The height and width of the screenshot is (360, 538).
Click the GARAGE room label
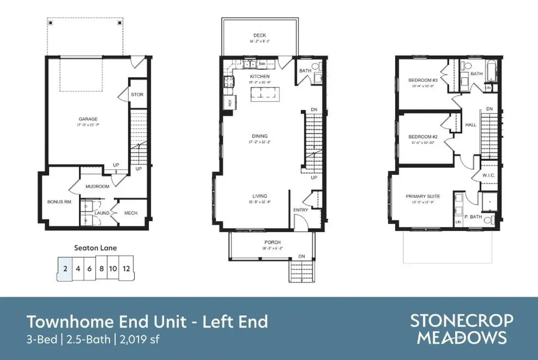(x=88, y=119)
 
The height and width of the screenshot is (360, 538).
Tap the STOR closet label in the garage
(x=137, y=95)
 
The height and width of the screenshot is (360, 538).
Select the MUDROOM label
(x=98, y=187)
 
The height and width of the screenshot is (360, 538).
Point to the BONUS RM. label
(x=59, y=202)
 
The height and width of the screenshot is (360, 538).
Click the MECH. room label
(x=131, y=213)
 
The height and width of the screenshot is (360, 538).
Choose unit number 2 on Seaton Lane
(x=64, y=268)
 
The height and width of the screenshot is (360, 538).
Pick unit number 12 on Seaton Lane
(x=127, y=268)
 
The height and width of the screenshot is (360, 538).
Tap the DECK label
(x=260, y=36)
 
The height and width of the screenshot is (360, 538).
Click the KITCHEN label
(x=259, y=76)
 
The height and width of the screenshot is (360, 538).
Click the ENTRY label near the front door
(x=301, y=210)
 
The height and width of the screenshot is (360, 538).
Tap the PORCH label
(x=273, y=242)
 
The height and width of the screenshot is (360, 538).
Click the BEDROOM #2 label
(x=423, y=137)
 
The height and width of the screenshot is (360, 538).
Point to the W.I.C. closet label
(x=489, y=175)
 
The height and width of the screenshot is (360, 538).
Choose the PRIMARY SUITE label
(x=423, y=197)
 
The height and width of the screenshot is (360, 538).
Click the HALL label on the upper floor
(x=471, y=125)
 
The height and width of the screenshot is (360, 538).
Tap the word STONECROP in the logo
(x=462, y=321)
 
